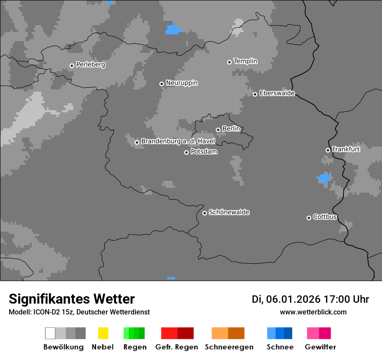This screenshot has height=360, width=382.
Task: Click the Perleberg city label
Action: pos(90,65)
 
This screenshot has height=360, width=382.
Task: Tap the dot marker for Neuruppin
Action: pos(161,84)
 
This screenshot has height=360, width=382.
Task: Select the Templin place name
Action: pos(245,61)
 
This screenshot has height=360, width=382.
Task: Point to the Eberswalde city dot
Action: pos(255,94)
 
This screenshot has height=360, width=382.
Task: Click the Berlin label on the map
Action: pos(231,129)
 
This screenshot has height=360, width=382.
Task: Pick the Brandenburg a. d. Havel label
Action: pos(178,141)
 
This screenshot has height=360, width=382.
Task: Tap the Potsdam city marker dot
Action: pos(186,152)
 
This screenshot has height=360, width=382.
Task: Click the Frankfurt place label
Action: pos(346,149)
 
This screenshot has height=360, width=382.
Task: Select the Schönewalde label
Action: pos(229,212)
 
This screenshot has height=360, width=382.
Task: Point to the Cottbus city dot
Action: pos(309,218)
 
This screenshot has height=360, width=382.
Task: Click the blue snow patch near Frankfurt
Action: pos(324,178)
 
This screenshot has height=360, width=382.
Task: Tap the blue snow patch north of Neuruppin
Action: pos(172,29)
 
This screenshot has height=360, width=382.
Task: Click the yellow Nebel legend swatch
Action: pos(103,333)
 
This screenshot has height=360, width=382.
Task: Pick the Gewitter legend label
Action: pos(320,347)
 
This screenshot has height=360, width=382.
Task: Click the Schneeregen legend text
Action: pos(229,347)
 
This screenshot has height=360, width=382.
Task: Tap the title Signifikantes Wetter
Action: pos(72,299)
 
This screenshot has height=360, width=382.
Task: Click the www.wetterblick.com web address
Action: pos(313,312)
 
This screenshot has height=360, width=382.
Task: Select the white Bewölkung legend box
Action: pos(50,333)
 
